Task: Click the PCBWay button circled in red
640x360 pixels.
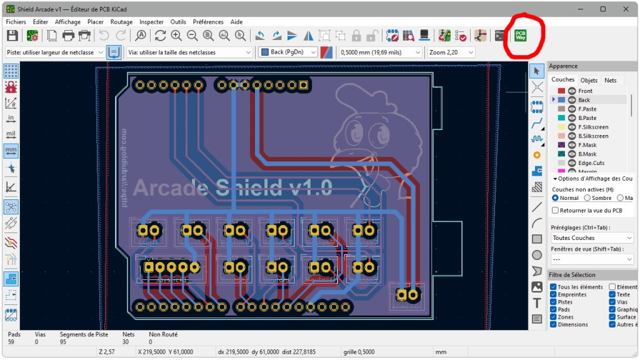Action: pos(521,35)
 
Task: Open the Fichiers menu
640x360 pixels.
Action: pos(16,21)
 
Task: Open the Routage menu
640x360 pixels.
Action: pos(121,21)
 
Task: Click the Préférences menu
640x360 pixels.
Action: pos(207,21)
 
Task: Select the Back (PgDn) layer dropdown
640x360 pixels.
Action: pos(288,52)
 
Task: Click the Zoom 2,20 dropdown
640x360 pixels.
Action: pos(451,52)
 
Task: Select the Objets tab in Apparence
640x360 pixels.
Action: pos(589,80)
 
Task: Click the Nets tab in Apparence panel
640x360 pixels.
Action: pos(610,80)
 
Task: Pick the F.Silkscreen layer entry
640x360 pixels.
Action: pos(593,127)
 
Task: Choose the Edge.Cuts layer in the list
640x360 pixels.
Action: pos(591,163)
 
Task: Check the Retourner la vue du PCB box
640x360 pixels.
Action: pos(555,211)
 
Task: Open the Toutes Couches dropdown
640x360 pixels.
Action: pos(592,238)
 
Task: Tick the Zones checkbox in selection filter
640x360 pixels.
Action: pos(554,317)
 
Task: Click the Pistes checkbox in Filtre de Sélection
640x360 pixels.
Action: pos(554,302)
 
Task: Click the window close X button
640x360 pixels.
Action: pos(626,9)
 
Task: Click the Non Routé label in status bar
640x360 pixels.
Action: pos(162,334)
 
